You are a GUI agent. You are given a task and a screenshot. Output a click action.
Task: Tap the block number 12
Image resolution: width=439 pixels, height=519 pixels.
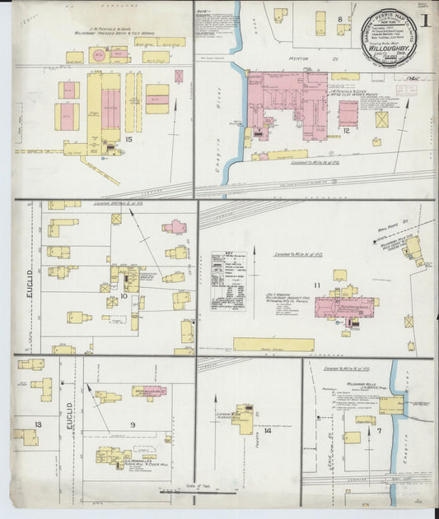pyautogui.click(x=347, y=131)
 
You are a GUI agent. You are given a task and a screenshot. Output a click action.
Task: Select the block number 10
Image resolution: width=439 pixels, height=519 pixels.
pyautogui.click(x=124, y=294)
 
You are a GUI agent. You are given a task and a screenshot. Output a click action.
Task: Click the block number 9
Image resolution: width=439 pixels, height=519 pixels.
pyautogui.click(x=132, y=424)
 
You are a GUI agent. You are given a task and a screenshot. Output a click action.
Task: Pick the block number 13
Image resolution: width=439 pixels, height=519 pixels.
pyautogui.click(x=38, y=424)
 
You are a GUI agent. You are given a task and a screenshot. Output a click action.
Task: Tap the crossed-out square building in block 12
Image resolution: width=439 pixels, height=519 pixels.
pyautogui.click(x=381, y=119)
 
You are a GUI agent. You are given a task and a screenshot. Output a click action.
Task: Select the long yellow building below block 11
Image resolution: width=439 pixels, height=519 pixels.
pyautogui.click(x=273, y=345)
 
